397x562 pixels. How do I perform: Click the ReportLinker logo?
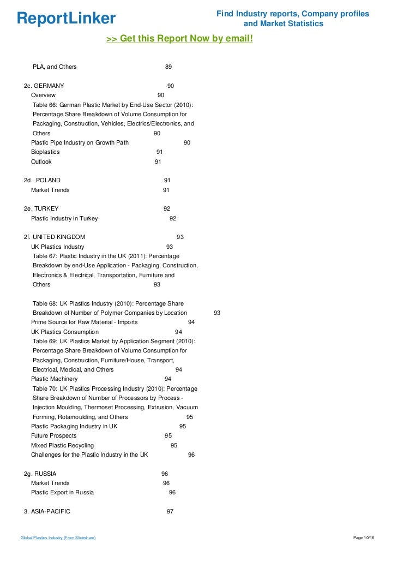[x=66, y=19]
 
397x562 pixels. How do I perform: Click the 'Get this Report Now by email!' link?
[x=179, y=39]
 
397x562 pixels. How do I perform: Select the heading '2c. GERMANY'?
[x=44, y=86]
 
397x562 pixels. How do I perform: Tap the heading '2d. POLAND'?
[x=43, y=180]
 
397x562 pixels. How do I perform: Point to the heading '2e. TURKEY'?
[x=41, y=208]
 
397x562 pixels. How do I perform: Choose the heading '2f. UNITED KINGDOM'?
[x=55, y=237]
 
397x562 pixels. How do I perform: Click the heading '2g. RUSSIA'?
[x=40, y=474]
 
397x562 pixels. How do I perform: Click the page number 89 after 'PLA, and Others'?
[x=169, y=67]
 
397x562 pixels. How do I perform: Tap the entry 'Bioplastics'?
[x=45, y=152]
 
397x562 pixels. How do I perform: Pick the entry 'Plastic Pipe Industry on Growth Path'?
[x=80, y=142]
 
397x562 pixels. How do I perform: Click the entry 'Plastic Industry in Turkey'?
[x=64, y=218]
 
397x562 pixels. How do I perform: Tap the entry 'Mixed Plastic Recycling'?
[x=62, y=445]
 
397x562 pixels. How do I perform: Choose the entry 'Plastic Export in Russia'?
[x=62, y=492]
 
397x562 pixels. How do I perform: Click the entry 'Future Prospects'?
[x=53, y=436]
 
